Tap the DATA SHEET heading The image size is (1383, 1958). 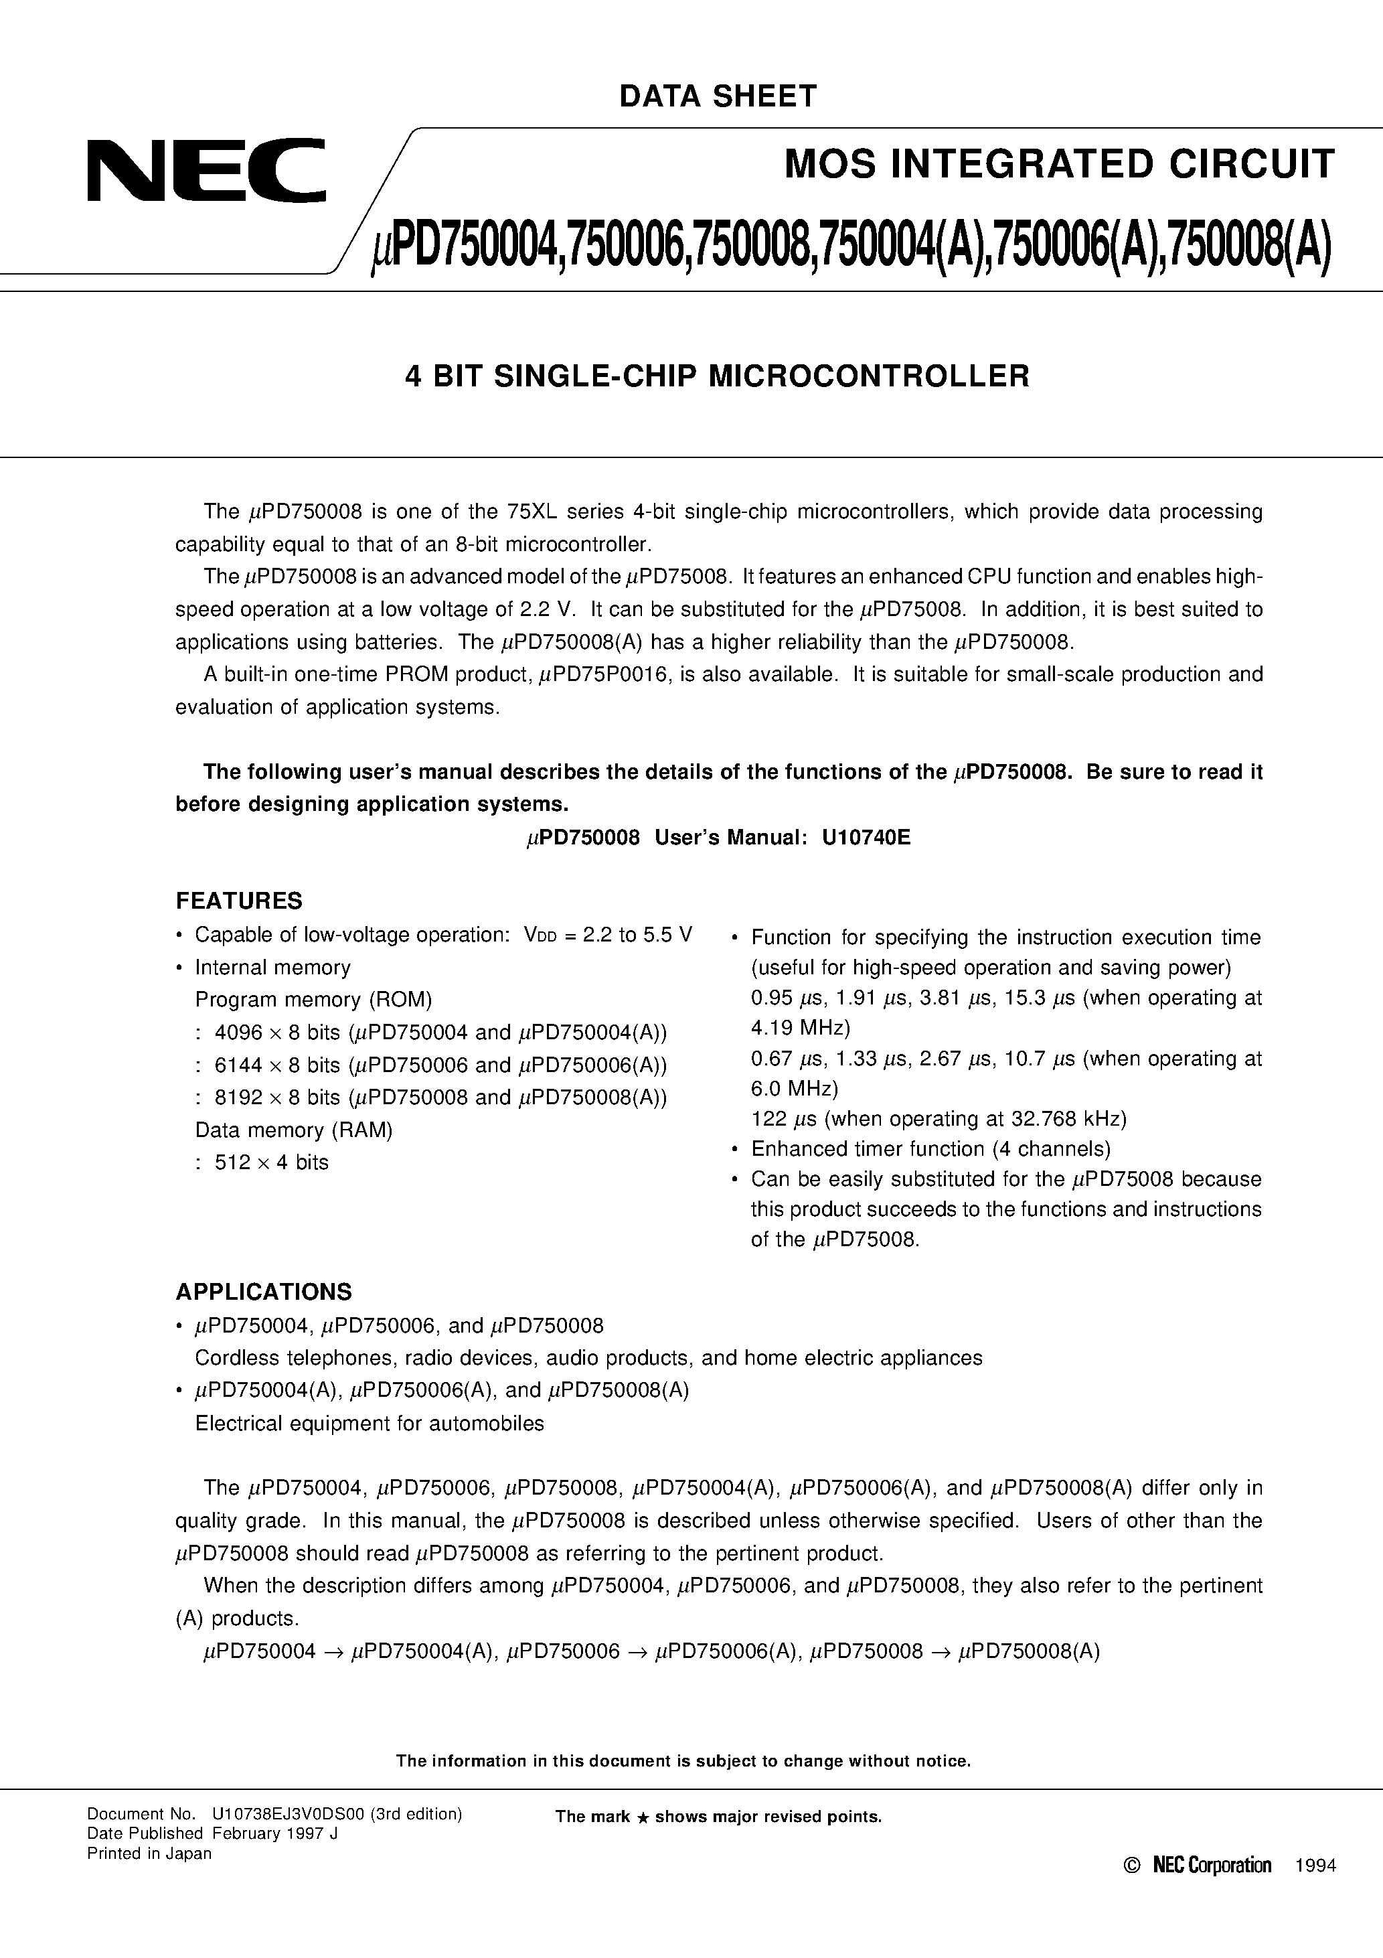click(x=718, y=96)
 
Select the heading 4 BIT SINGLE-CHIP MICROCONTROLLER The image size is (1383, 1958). click(x=717, y=376)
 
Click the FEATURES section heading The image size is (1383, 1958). click(x=239, y=901)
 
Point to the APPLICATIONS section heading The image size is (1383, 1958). click(x=264, y=1292)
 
